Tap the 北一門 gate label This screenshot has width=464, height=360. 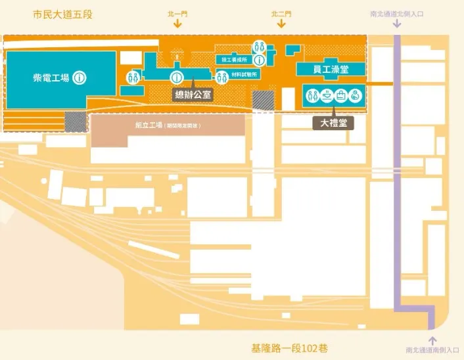click(x=177, y=13)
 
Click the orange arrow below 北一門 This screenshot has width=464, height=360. click(x=177, y=24)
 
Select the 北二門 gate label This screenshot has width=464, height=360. click(x=281, y=13)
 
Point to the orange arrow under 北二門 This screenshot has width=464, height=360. click(x=281, y=24)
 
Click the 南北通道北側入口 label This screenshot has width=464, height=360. click(x=396, y=13)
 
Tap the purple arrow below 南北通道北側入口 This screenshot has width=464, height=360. click(x=396, y=24)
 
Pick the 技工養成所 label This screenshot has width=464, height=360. click(x=234, y=60)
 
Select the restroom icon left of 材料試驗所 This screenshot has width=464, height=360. click(x=221, y=74)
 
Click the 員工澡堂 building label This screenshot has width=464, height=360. click(x=331, y=68)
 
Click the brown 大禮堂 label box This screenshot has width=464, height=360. click(x=333, y=122)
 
